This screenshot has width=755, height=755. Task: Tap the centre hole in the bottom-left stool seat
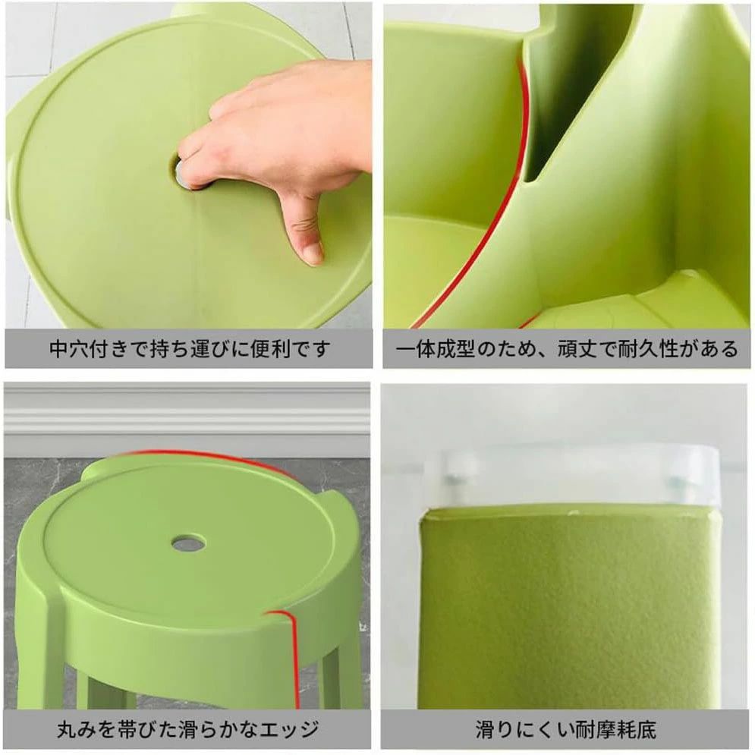pyautogui.click(x=187, y=543)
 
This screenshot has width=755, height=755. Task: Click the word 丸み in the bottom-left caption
pyautogui.click(x=76, y=729)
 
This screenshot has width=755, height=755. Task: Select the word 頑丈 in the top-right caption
pyautogui.click(x=577, y=348)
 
